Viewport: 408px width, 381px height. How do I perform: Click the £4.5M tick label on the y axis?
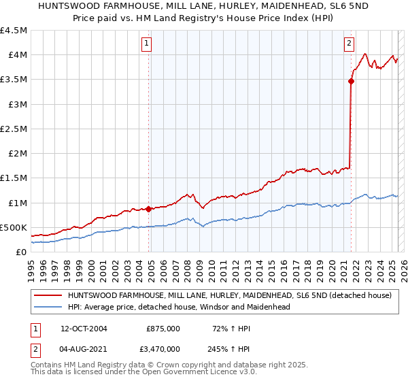click(14, 31)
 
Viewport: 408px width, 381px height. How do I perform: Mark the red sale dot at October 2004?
click(148, 209)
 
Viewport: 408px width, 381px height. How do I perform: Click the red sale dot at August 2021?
click(351, 81)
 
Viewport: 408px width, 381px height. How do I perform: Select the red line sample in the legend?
click(48, 295)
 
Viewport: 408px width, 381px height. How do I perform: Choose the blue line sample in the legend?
click(48, 307)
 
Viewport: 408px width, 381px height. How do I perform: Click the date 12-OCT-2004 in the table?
click(88, 328)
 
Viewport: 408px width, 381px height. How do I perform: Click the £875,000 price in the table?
click(163, 328)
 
